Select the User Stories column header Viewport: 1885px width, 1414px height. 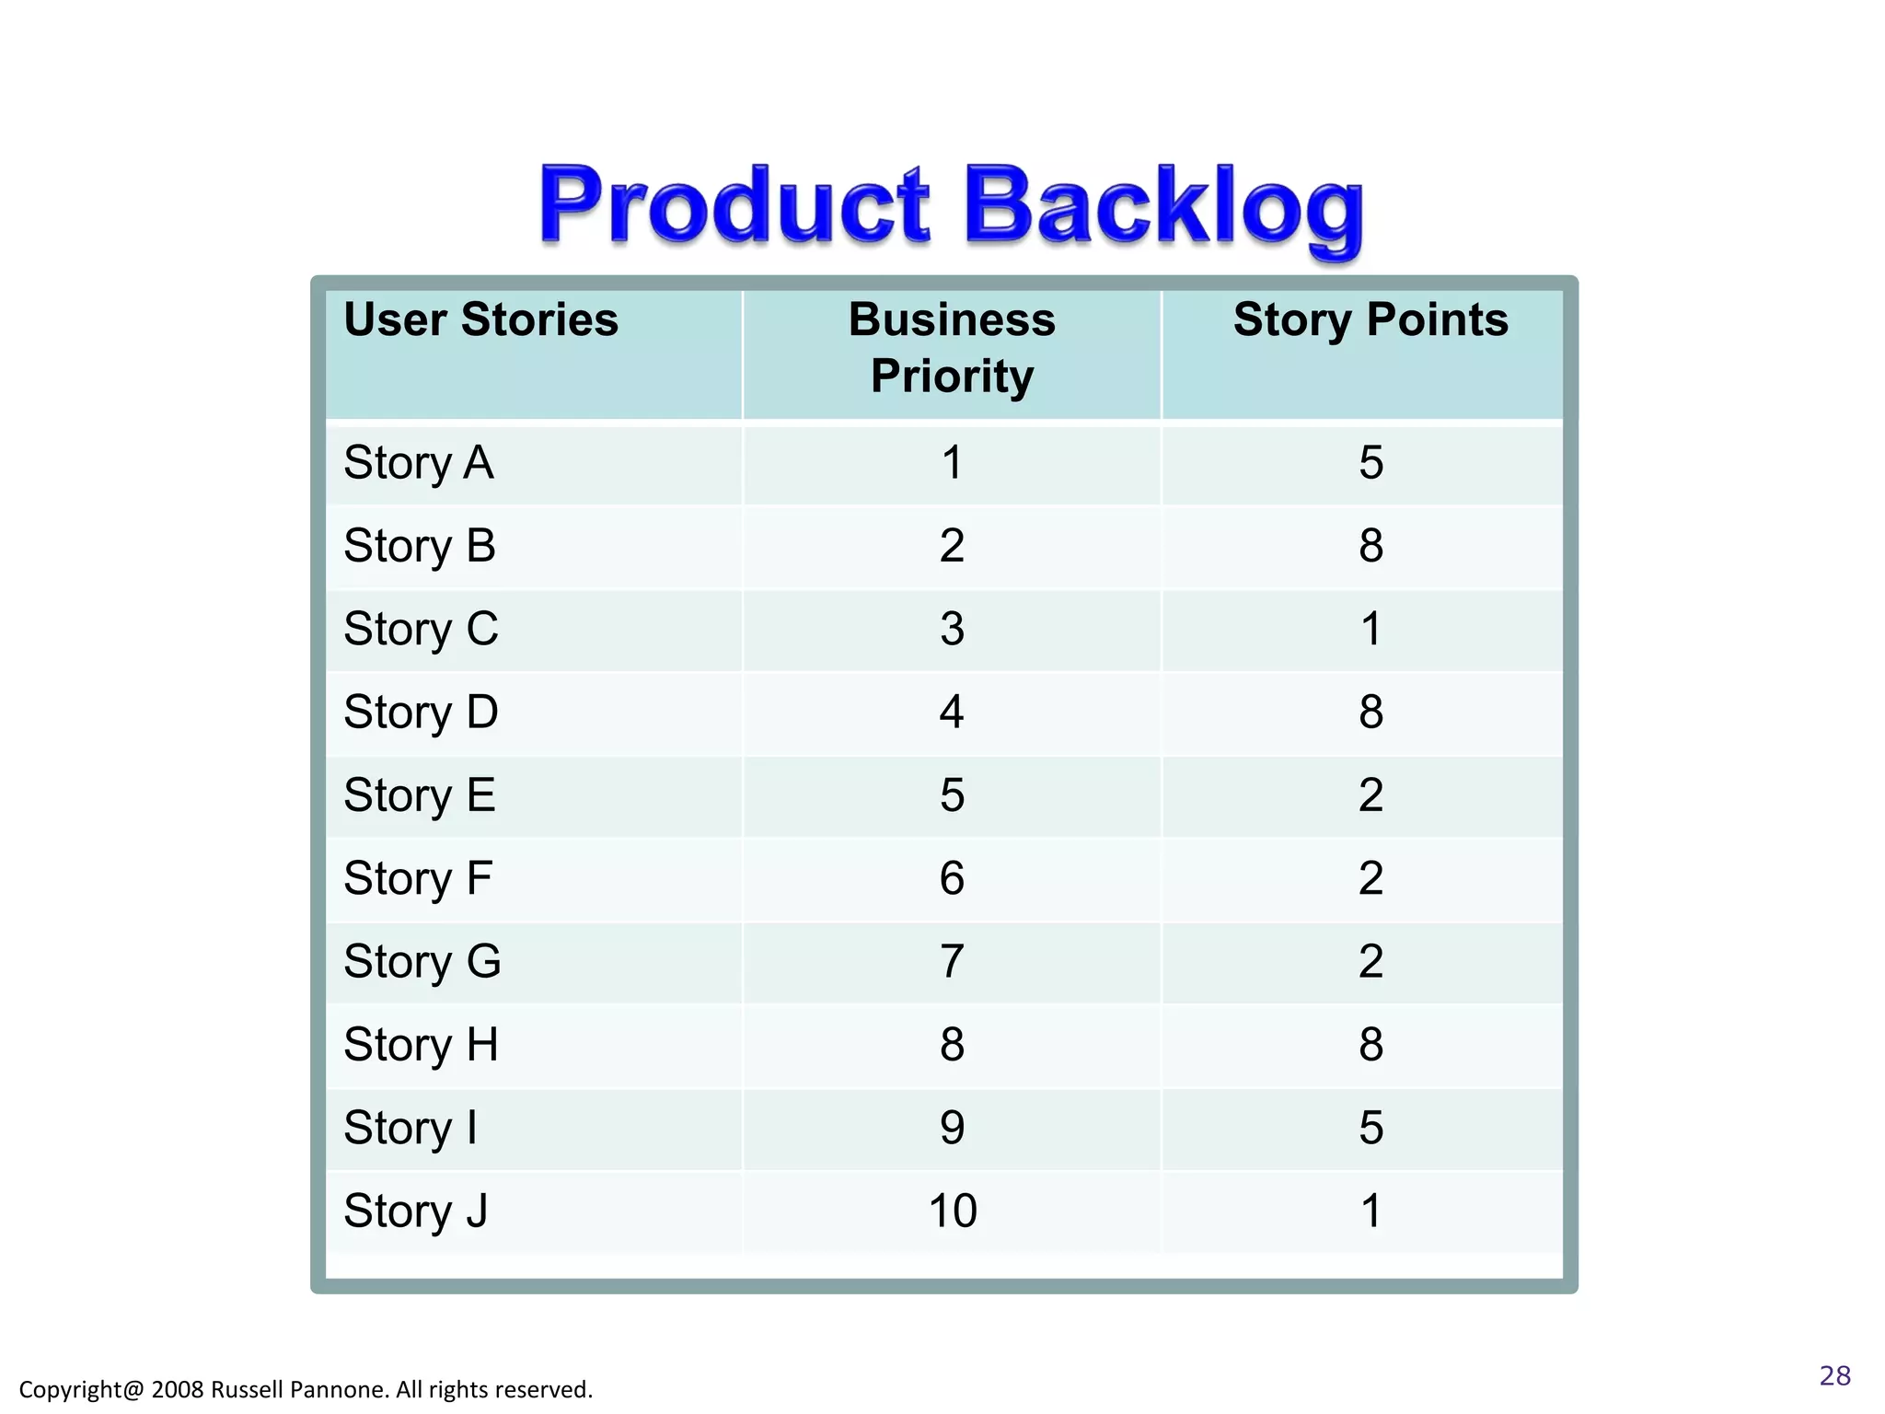pos(480,320)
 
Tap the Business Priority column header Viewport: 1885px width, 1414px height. pos(952,348)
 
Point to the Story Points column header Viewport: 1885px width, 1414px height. pos(1370,320)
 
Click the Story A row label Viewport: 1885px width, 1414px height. pos(419,463)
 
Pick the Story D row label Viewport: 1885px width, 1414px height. pos(421,713)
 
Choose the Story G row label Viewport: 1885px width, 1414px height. pos(422,962)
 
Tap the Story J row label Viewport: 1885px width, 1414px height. pos(415,1211)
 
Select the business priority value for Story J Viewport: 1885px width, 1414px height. pos(952,1211)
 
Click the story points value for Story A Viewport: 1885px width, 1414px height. pos(1370,463)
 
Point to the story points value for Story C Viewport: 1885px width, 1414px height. pos(1370,630)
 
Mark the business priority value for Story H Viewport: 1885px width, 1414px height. pos(952,1045)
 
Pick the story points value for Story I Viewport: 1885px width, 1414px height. pos(1370,1129)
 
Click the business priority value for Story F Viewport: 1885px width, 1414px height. pos(952,879)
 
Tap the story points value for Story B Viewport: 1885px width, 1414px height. pos(1370,546)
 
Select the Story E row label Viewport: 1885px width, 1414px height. pos(420,795)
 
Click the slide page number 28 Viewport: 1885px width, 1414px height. pos(1834,1375)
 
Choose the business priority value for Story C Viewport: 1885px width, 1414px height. pos(952,630)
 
